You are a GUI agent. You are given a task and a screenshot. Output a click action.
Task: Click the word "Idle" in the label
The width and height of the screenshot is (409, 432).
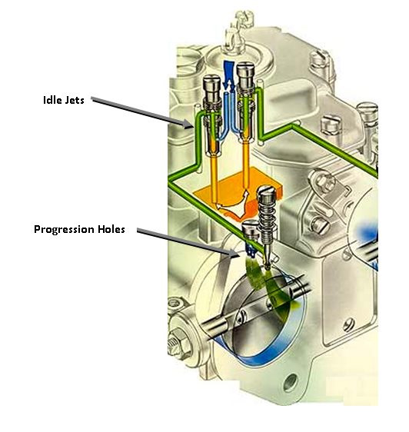tap(52, 100)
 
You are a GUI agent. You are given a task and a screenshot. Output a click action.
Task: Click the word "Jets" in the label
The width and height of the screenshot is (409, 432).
tap(74, 100)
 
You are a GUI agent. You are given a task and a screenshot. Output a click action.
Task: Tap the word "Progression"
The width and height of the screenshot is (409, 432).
tap(64, 230)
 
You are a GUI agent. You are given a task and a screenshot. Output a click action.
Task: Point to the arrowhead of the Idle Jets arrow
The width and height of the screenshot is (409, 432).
tap(188, 125)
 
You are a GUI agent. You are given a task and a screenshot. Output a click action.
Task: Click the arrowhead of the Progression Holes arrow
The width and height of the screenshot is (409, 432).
tap(234, 253)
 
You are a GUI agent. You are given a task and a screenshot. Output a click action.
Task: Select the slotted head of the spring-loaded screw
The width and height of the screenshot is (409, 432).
tap(267, 194)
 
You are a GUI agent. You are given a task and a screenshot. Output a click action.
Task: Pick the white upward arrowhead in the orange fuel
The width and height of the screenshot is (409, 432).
tap(245, 194)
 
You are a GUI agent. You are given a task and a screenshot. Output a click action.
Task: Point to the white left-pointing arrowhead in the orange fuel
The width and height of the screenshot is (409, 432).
tap(220, 206)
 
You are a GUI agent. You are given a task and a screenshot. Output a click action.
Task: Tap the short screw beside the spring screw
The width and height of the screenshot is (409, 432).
tap(251, 230)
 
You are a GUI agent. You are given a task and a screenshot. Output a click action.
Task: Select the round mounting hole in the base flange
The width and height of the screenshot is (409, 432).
tap(291, 382)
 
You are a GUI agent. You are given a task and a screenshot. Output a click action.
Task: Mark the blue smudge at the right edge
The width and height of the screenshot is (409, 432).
tap(367, 231)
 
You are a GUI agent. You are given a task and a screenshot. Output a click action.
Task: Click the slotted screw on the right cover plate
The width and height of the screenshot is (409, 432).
tap(349, 324)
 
